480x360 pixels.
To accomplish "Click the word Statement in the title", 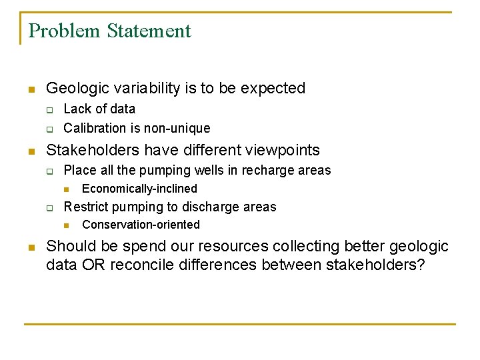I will pos(149,31).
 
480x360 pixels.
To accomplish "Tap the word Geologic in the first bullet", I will pos(74,88).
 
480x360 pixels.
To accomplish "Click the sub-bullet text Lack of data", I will pos(99,109).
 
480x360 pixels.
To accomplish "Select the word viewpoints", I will pos(283,150).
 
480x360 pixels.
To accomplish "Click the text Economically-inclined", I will pos(139,189).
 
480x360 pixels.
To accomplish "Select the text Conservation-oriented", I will pos(141,225).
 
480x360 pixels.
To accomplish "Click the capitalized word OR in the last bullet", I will pos(87,265).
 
